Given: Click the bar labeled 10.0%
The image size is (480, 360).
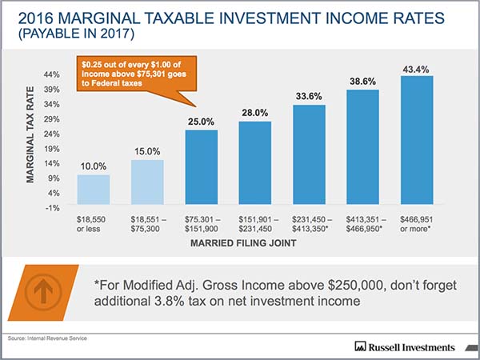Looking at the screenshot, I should (94, 191).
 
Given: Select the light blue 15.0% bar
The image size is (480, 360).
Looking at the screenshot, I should (147, 183).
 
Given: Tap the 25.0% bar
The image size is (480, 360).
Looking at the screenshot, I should (202, 168).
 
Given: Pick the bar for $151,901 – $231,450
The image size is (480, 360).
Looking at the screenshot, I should (255, 164).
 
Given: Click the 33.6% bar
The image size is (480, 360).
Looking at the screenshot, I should (309, 155).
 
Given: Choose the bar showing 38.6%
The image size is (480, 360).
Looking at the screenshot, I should (362, 148).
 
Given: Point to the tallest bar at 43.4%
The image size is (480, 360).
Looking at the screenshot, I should (416, 141).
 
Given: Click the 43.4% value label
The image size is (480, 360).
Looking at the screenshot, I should (416, 69).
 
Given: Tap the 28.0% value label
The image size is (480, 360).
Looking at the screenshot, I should (255, 114).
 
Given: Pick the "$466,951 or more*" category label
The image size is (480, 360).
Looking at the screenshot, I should (418, 222).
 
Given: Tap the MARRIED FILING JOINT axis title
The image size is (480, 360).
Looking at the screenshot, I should (256, 242).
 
